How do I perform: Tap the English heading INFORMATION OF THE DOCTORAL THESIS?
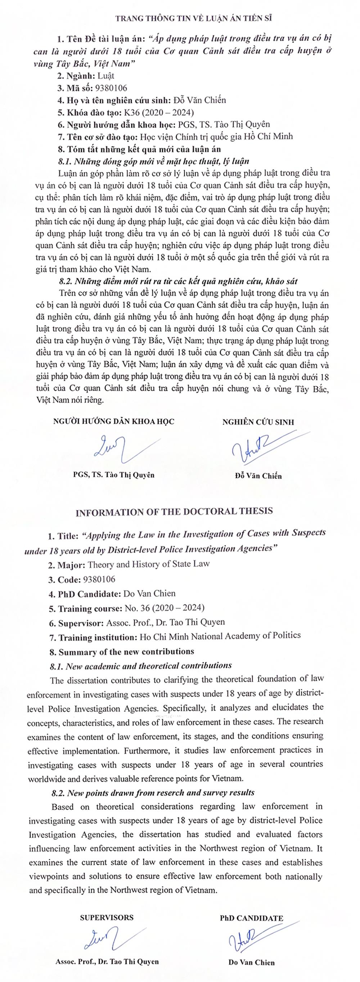(x=174, y=511)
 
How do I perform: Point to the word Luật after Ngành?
(x=105, y=76)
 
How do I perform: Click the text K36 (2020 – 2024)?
(x=157, y=112)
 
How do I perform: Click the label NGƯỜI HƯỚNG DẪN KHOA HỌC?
(x=114, y=421)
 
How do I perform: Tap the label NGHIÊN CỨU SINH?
(x=258, y=422)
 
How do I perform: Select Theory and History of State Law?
(x=149, y=564)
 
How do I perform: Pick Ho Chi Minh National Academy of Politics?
(x=220, y=636)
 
